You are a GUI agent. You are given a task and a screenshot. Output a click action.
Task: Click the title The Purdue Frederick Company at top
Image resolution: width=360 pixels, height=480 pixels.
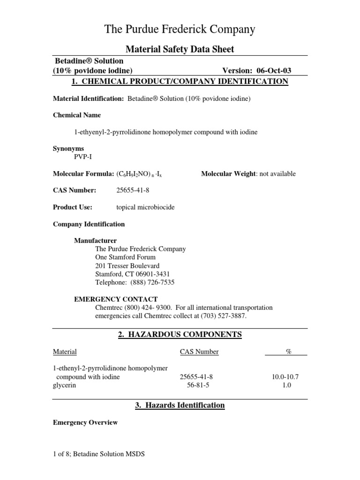180,30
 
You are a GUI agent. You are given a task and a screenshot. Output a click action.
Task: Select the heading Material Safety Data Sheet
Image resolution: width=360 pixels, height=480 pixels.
180,49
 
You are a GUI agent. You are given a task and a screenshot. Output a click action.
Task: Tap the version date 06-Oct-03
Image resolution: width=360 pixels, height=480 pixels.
274,71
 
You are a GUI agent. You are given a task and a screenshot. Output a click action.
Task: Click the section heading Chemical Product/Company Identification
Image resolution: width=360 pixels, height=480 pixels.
180,82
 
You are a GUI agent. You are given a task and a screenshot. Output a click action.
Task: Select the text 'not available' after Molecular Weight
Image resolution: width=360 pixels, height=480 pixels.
277,174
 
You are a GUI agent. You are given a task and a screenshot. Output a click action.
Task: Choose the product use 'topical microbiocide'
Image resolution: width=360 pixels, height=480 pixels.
145,207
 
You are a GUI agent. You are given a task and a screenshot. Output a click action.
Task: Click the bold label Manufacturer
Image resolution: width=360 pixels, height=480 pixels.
95,241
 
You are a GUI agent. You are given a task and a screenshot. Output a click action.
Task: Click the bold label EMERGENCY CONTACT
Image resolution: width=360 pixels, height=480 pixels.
116,299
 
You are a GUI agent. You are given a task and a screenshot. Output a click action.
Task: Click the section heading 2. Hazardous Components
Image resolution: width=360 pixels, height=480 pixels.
180,334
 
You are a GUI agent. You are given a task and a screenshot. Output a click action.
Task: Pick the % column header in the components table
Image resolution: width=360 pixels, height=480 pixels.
289,352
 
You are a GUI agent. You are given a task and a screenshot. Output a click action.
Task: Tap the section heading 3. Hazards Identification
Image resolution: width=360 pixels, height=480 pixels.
180,405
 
